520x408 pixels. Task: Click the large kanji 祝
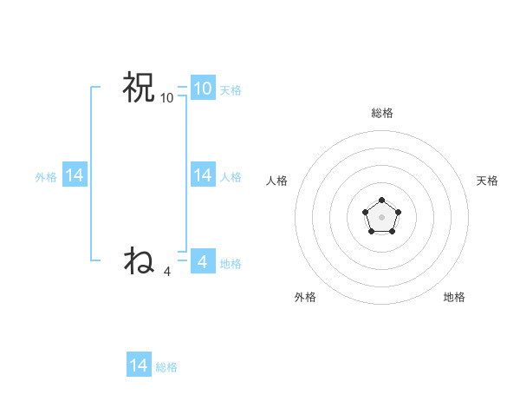click(139, 88)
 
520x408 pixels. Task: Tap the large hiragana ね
click(139, 260)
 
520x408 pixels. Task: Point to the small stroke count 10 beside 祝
click(167, 98)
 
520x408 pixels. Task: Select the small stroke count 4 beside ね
click(167, 272)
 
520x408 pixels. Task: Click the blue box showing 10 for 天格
click(202, 89)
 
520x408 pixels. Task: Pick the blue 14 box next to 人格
click(202, 175)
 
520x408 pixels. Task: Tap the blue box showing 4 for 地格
click(202, 262)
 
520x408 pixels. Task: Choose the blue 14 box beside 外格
click(74, 175)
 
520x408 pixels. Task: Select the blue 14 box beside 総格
click(139, 365)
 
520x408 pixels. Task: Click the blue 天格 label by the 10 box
click(231, 90)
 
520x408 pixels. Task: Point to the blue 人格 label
click(231, 177)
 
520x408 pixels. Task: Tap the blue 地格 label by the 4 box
click(231, 264)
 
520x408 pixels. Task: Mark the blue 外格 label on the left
click(46, 177)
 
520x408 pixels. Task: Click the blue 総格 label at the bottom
click(166, 367)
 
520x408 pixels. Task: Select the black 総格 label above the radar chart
click(381, 113)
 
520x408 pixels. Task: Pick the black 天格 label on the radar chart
click(487, 181)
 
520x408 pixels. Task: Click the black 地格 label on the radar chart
click(454, 297)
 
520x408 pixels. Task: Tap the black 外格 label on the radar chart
click(305, 297)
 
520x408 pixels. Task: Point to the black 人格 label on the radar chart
click(276, 181)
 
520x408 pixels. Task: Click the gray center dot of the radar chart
click(381, 216)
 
